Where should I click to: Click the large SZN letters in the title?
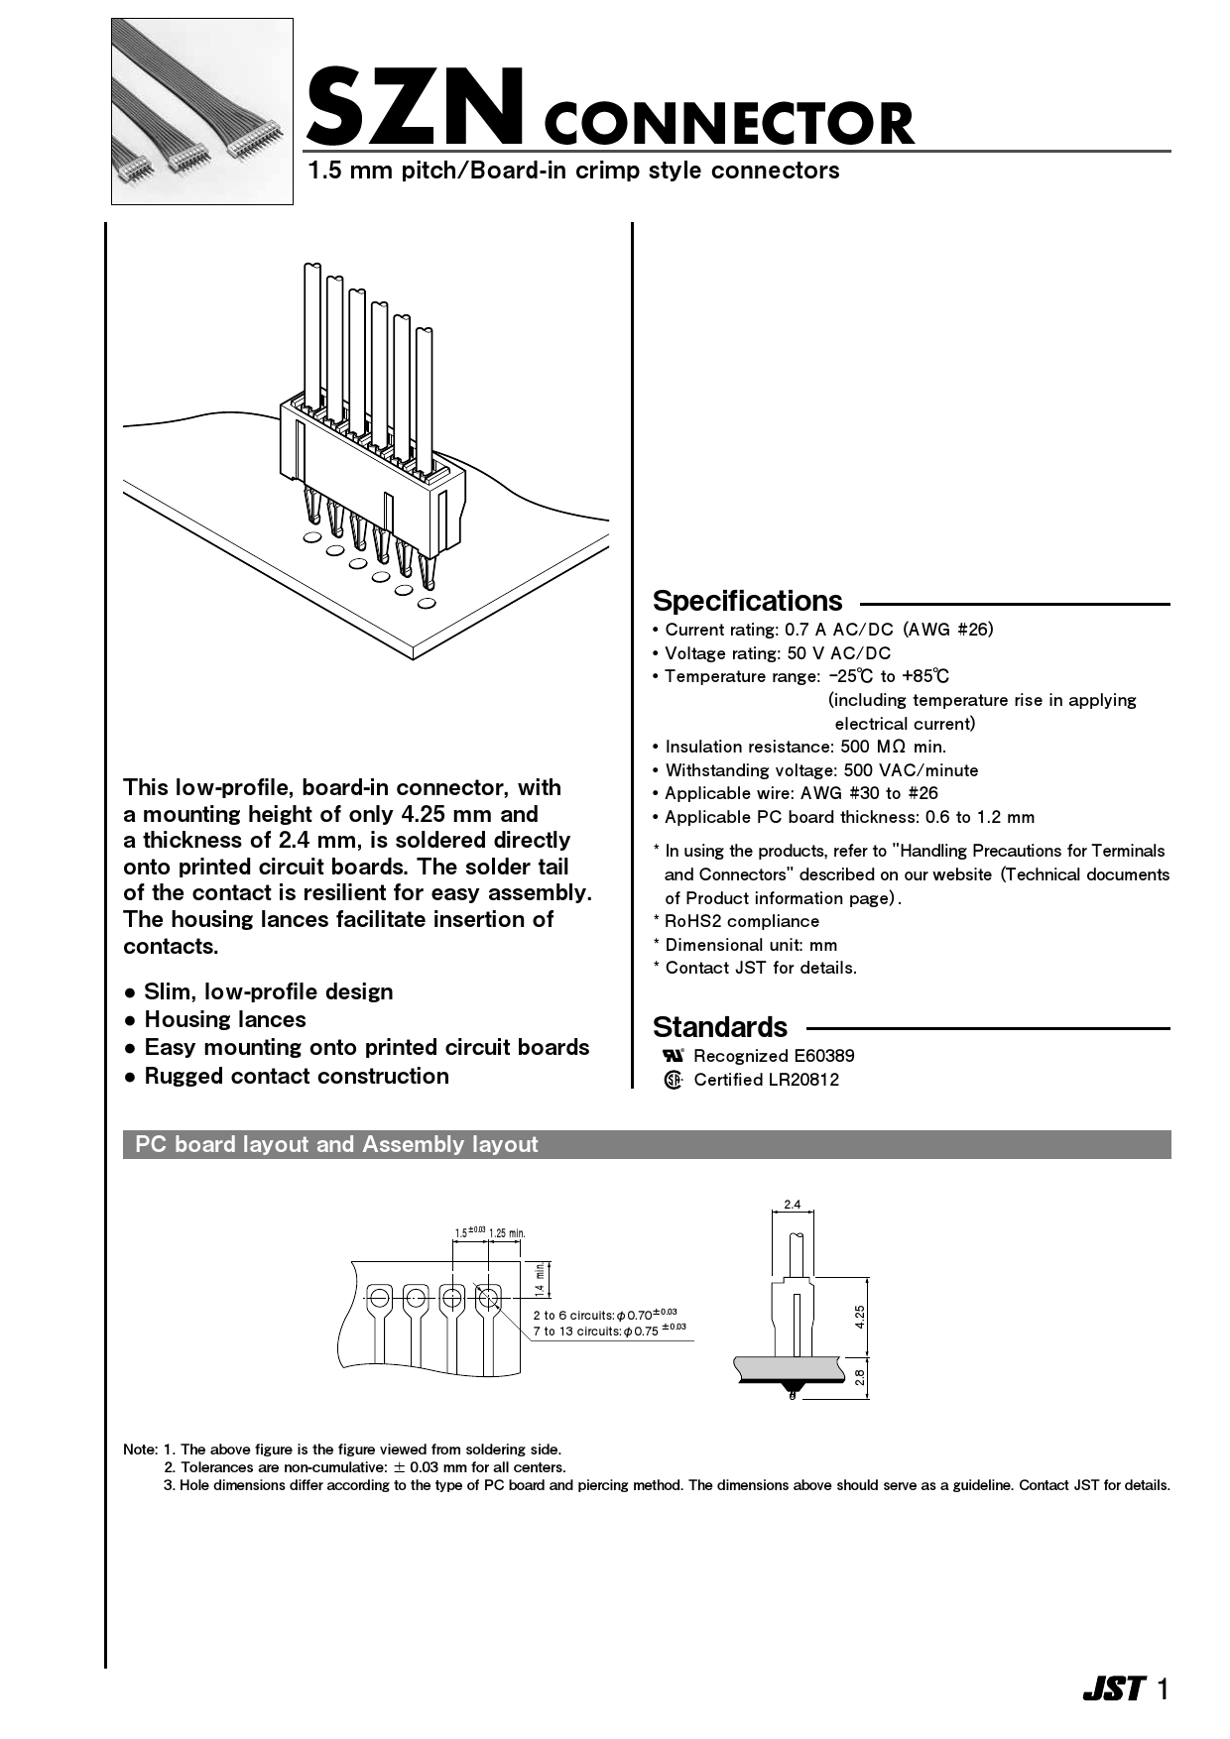coord(415,107)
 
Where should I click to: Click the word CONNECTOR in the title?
coord(729,124)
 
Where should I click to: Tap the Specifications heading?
coord(747,601)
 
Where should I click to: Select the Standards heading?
coord(720,1027)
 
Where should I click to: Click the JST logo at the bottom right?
coord(1113,1689)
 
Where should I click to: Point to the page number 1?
coord(1163,1689)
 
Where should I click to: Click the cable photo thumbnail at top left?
coord(202,111)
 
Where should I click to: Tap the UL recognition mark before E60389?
coord(674,1056)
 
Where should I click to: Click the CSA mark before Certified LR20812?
coord(674,1081)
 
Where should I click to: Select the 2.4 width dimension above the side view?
coord(792,1206)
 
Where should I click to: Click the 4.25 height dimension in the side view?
coord(860,1316)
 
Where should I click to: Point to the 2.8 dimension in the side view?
coord(860,1377)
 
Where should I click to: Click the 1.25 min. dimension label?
coord(507,1233)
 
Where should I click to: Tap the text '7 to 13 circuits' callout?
coord(576,1332)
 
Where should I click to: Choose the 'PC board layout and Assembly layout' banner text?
coord(336,1144)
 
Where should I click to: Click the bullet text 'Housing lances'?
coord(225,1019)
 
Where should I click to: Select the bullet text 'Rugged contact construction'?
coord(297,1076)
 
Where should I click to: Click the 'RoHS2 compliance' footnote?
coord(742,921)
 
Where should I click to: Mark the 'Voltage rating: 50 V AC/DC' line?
coord(778,653)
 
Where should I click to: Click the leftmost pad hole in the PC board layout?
coord(379,1297)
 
